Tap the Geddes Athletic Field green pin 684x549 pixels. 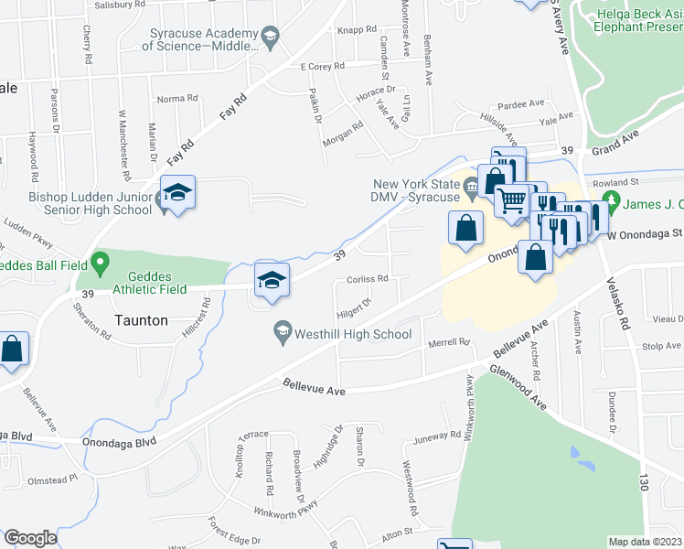click(x=100, y=265)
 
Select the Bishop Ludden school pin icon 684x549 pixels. click(x=177, y=194)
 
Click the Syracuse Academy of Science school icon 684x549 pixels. click(x=270, y=38)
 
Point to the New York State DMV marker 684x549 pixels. click(x=471, y=188)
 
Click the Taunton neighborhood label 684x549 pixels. click(x=141, y=320)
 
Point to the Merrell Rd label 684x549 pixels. click(x=448, y=342)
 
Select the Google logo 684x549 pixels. click(x=30, y=538)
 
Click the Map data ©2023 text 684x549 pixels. click(x=646, y=542)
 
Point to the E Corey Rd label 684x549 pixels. click(x=322, y=66)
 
